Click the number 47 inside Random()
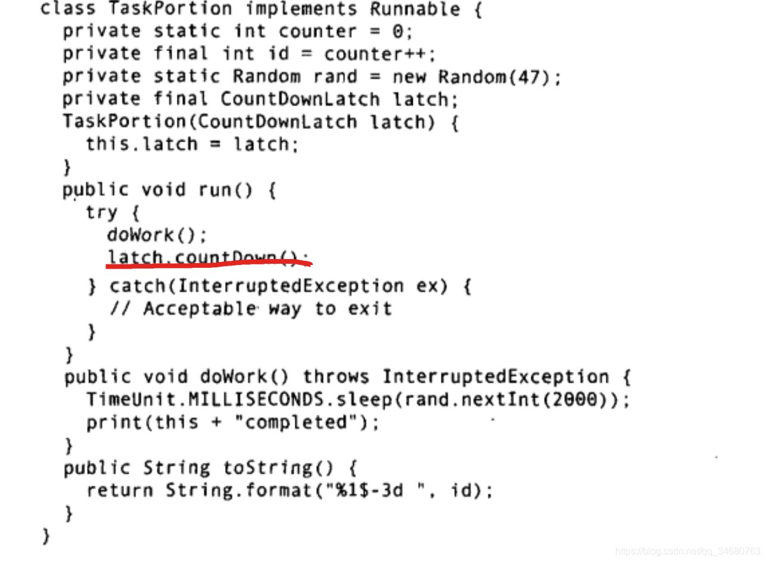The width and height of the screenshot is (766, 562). tap(534, 77)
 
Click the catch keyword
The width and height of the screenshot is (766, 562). tap(137, 286)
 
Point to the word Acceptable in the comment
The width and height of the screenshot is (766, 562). tap(198, 308)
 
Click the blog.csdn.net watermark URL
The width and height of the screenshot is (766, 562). tap(688, 552)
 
